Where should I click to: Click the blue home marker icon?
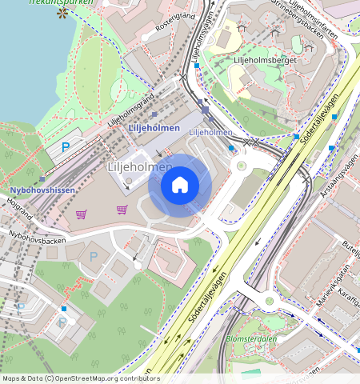click(180, 186)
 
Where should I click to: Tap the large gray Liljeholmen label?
click(140, 166)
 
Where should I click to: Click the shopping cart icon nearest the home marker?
click(122, 210)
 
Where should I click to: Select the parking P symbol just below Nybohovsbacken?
click(93, 256)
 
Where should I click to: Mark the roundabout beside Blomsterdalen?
click(270, 302)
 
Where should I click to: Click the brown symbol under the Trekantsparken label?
click(62, 14)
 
